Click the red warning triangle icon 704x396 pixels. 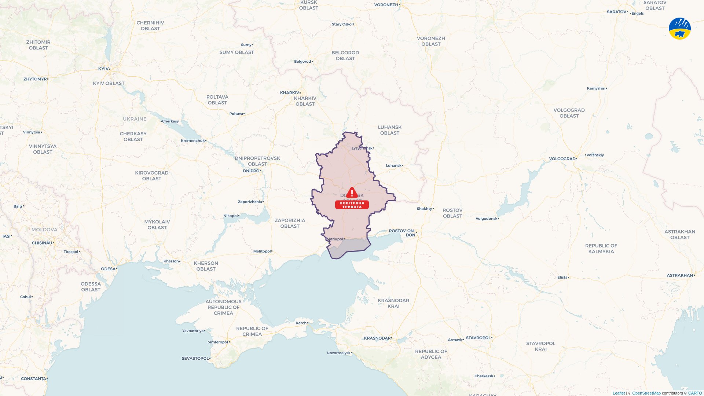pos(352,193)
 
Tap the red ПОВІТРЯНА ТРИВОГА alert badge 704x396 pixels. pos(352,205)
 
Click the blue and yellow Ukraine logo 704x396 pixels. pos(679,29)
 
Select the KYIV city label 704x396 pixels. pos(103,69)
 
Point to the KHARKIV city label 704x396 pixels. pos(290,93)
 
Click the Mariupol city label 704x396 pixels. pos(335,239)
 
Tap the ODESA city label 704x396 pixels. pos(108,269)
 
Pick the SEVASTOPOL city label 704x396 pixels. pos(195,358)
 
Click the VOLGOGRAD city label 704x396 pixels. pos(562,159)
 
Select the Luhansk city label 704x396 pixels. pos(394,166)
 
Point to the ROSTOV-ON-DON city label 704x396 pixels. pos(402,233)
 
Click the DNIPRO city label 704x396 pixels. pos(251,171)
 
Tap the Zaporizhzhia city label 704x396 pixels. pos(250,202)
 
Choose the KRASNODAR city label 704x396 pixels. pos(377,338)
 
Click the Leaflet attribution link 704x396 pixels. pos(619,393)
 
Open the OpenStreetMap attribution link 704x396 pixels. pos(646,393)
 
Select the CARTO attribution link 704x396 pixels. pos(695,393)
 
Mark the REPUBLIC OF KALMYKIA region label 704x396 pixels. pos(601,249)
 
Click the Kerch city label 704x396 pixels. pos(301,323)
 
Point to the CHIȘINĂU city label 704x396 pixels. pos(42,243)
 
